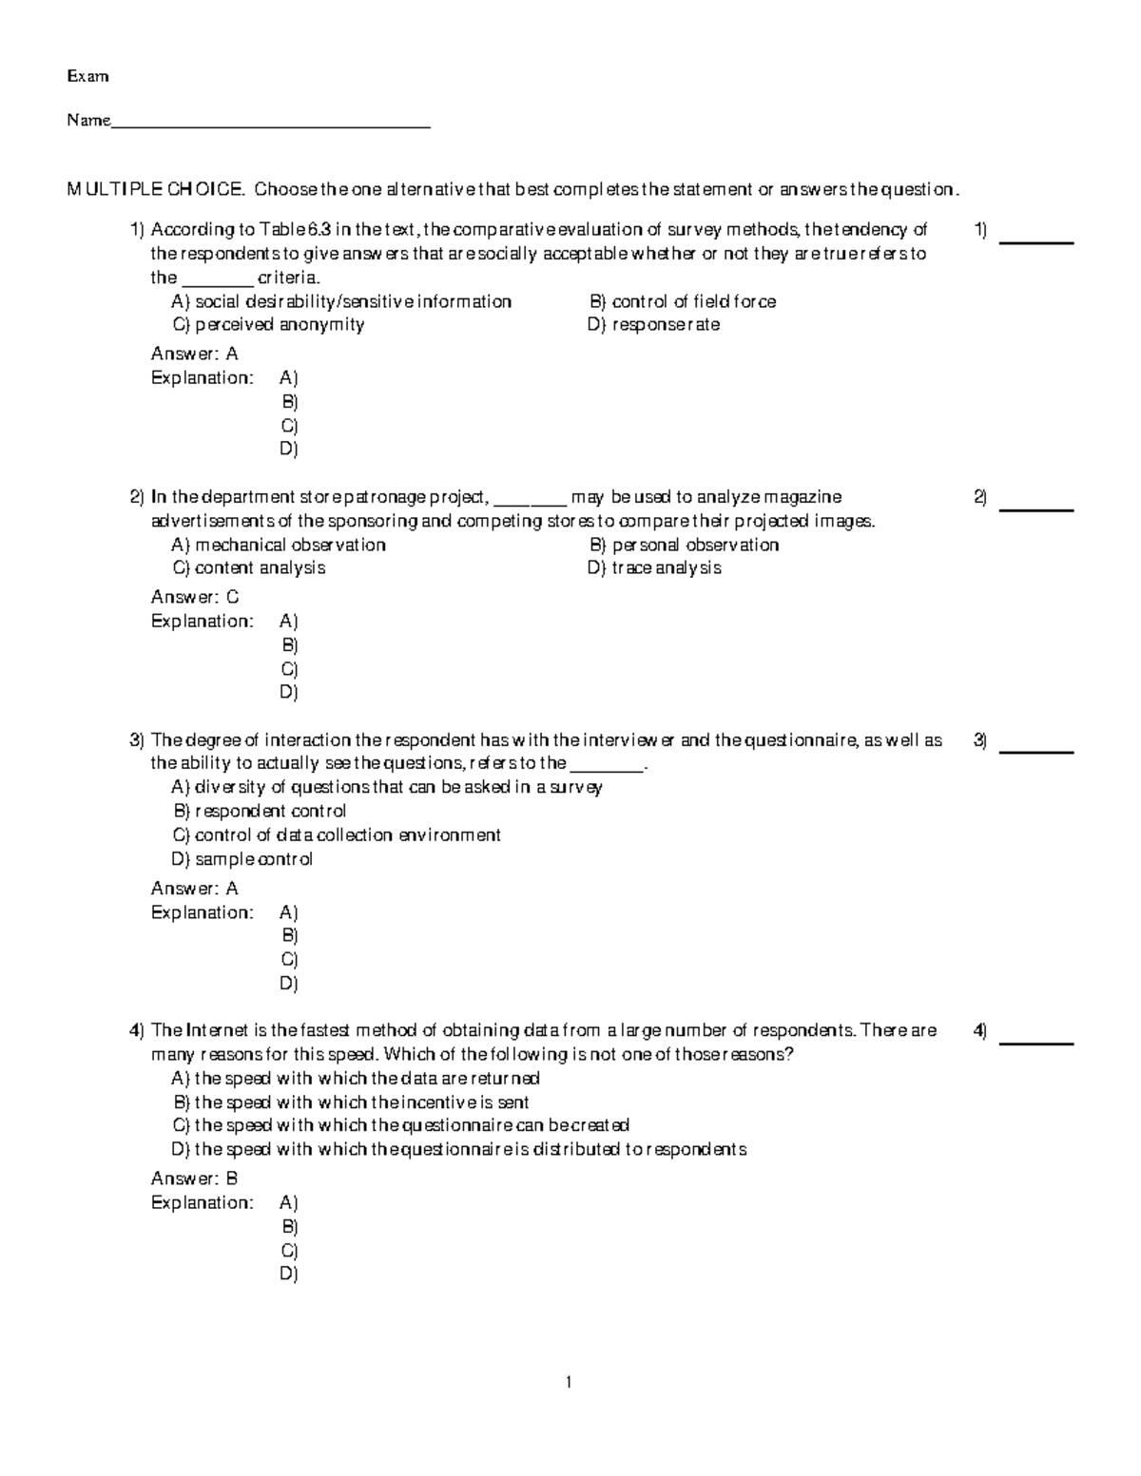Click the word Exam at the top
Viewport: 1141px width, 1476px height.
coord(87,76)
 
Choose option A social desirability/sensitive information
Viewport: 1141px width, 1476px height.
coord(341,301)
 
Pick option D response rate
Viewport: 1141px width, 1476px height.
coord(654,325)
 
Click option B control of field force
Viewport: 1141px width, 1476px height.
coord(683,301)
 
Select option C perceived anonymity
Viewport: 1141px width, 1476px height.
coord(268,325)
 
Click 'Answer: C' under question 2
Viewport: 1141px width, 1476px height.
coord(195,597)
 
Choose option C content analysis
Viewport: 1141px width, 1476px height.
coord(249,568)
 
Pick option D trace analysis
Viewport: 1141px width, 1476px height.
coord(654,568)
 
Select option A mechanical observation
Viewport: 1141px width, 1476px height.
coord(279,545)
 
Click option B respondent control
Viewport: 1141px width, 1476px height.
coord(260,811)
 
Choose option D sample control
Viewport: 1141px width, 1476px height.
coord(242,859)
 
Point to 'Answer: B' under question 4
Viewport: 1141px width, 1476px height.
coord(195,1179)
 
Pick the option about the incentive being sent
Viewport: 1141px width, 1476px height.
coord(351,1102)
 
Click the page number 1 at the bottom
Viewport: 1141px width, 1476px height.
coord(569,1383)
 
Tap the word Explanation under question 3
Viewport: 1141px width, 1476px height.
coord(203,912)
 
